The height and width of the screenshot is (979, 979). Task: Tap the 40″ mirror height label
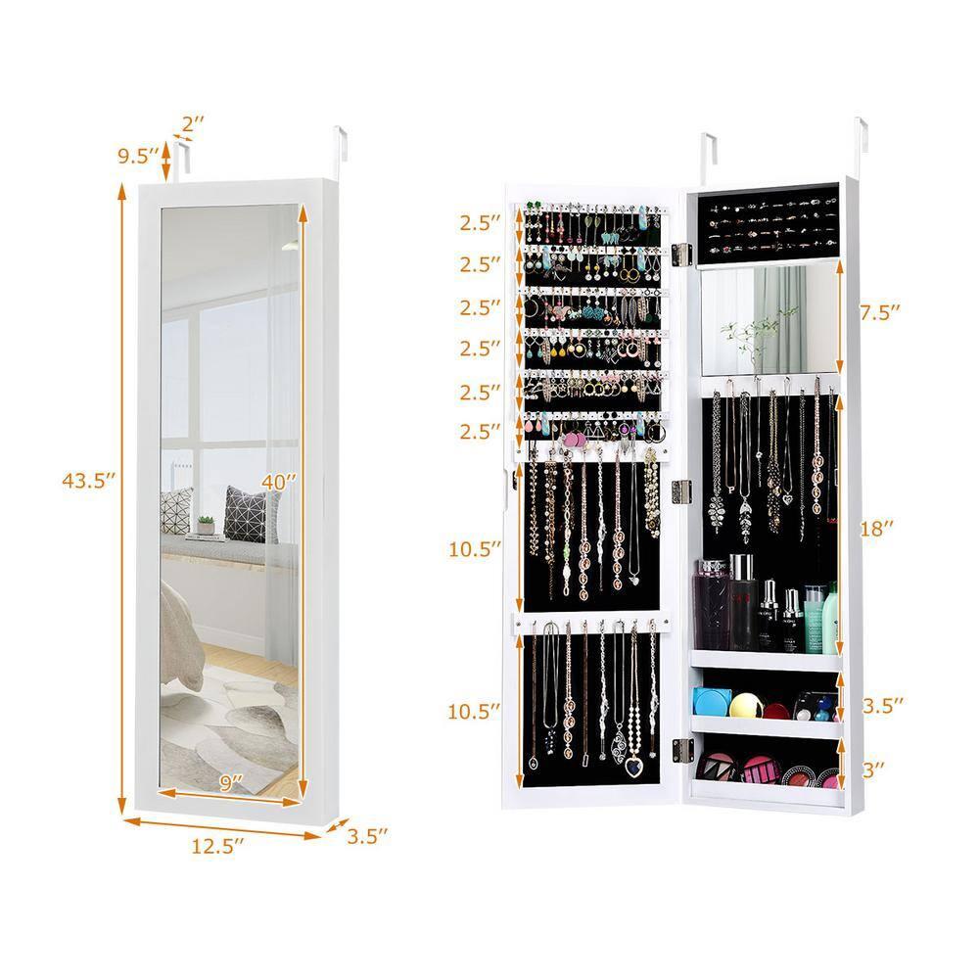[x=278, y=481]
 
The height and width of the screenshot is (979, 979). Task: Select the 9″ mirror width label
[x=230, y=783]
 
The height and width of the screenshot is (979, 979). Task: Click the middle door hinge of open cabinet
[x=682, y=491]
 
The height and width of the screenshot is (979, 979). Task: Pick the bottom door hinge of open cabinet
[x=682, y=750]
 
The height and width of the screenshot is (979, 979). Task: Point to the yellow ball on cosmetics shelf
[x=745, y=705]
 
